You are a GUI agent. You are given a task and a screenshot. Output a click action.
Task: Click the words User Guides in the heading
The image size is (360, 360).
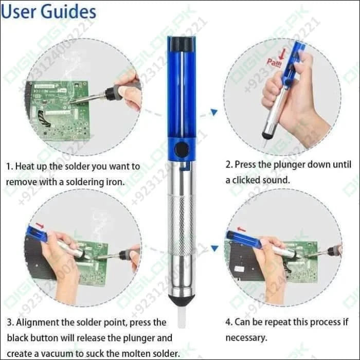[48, 12]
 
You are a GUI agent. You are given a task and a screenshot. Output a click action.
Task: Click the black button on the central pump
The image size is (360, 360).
[181, 150]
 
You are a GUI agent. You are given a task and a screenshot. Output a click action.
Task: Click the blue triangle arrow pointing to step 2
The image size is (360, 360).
[214, 112]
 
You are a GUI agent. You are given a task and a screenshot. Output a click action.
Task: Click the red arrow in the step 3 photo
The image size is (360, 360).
[40, 226]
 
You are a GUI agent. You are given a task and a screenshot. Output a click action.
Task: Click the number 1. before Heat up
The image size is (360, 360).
[9, 167]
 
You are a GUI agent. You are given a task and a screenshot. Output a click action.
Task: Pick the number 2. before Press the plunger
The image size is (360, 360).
[229, 165]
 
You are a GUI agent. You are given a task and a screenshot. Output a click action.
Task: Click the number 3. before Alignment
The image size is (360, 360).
[10, 322]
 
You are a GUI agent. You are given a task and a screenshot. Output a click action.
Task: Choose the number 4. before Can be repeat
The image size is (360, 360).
[229, 322]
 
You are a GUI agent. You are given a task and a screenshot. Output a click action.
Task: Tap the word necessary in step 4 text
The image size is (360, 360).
[246, 338]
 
